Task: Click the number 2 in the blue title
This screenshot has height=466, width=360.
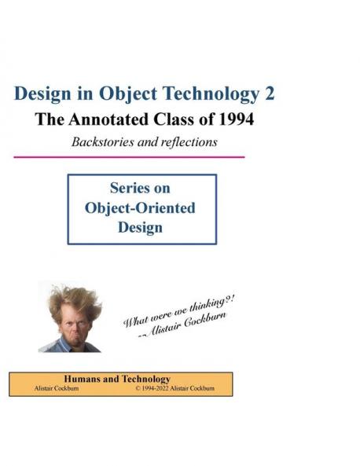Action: [x=269, y=94]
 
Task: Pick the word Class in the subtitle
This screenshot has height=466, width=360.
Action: [x=176, y=121]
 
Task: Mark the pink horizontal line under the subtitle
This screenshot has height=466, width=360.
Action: [x=129, y=156]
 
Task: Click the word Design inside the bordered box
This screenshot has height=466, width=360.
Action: [x=139, y=228]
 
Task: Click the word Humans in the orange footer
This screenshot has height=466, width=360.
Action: [x=81, y=379]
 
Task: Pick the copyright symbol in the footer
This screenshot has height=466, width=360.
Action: [x=138, y=388]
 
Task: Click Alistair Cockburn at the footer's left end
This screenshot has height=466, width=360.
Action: [x=50, y=388]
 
